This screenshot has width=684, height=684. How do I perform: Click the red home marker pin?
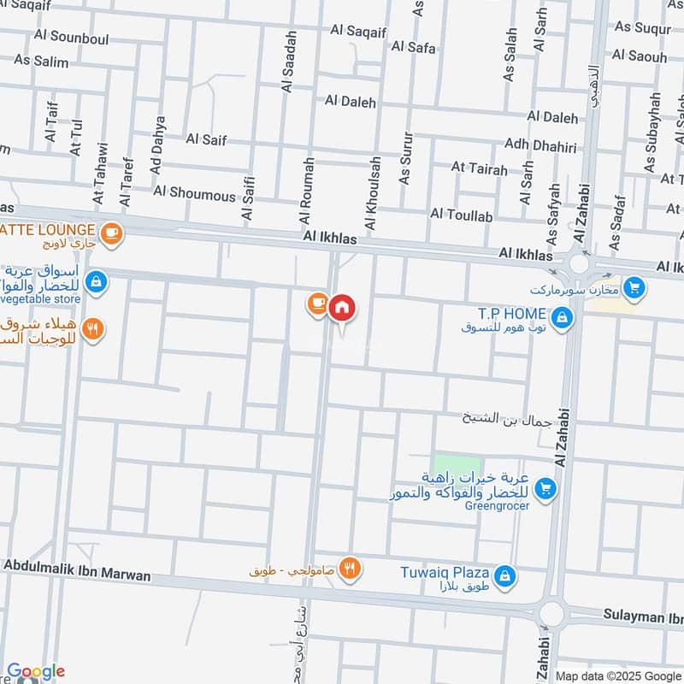pyautogui.click(x=342, y=307)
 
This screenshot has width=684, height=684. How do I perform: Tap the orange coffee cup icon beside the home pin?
pyautogui.click(x=317, y=303)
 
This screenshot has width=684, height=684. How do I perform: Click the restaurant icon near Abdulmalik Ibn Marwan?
pyautogui.click(x=348, y=567)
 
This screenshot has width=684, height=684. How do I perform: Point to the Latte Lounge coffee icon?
pyautogui.click(x=110, y=232)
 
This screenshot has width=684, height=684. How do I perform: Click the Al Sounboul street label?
pyautogui.click(x=68, y=37)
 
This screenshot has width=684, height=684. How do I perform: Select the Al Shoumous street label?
pyautogui.click(x=195, y=195)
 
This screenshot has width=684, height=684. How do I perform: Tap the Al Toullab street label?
pyautogui.click(x=462, y=214)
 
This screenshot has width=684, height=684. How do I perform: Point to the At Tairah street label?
pyautogui.click(x=480, y=168)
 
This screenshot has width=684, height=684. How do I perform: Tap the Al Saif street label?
pyautogui.click(x=206, y=139)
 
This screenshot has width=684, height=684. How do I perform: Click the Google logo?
pyautogui.click(x=36, y=672)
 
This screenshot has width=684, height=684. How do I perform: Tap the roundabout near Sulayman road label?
pyautogui.click(x=551, y=613)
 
